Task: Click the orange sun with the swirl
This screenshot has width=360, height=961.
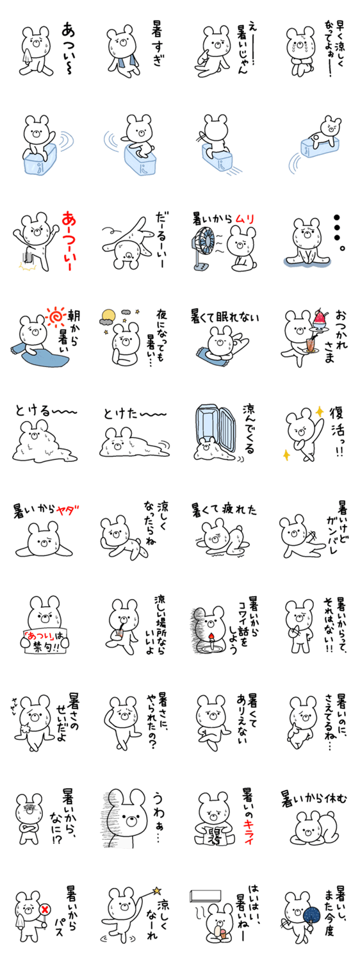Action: point(56,317)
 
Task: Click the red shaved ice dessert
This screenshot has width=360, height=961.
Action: point(319,318)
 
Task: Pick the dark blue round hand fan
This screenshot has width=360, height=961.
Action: point(311,915)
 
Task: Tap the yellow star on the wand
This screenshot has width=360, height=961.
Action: point(156,889)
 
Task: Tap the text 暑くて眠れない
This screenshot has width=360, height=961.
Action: point(225,318)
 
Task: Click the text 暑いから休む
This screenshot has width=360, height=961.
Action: point(314,799)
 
